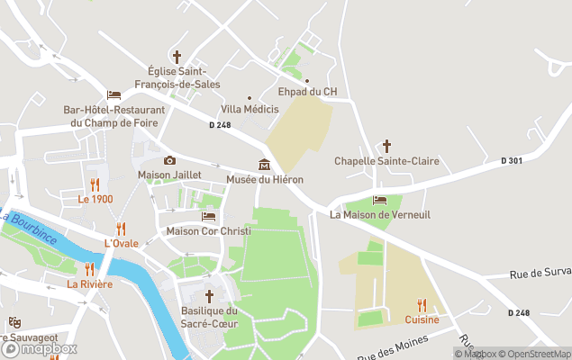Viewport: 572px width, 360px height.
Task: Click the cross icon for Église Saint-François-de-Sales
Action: coord(177,56)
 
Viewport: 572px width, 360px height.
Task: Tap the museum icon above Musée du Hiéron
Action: coord(264,164)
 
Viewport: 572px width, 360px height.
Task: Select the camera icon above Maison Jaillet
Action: coord(169,160)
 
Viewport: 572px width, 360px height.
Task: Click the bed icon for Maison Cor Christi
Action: coord(208,216)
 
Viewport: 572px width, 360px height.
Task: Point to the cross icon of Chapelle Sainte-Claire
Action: coord(386,146)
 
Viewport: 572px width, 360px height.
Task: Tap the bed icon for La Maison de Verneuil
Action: coord(379,200)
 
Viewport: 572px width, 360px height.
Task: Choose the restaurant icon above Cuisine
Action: coord(422,305)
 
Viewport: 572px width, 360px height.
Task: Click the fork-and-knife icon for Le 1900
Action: coord(95,184)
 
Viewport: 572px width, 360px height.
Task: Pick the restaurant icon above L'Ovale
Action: coord(121,229)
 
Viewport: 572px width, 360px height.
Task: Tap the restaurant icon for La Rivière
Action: coord(89,269)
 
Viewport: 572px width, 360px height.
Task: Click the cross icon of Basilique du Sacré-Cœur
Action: coord(209,296)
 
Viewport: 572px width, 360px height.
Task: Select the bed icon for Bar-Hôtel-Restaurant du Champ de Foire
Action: coord(113,94)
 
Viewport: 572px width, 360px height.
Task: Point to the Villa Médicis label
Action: coord(250,109)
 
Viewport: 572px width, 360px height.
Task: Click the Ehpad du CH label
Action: coord(306,91)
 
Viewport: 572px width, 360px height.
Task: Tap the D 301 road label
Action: coord(512,160)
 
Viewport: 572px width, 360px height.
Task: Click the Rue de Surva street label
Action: coord(540,274)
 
